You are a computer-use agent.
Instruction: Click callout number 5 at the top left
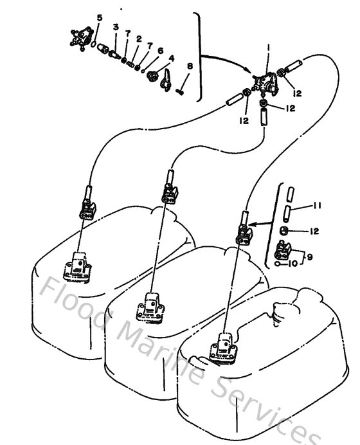pyautogui.click(x=98, y=17)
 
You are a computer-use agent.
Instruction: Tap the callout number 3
pyautogui.click(x=116, y=27)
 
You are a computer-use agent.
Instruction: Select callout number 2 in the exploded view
pyautogui.click(x=138, y=39)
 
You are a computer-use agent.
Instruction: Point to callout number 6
pyautogui.click(x=160, y=50)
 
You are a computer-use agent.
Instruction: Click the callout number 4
pyautogui.click(x=171, y=58)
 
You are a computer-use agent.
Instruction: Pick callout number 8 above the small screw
pyautogui.click(x=190, y=66)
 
